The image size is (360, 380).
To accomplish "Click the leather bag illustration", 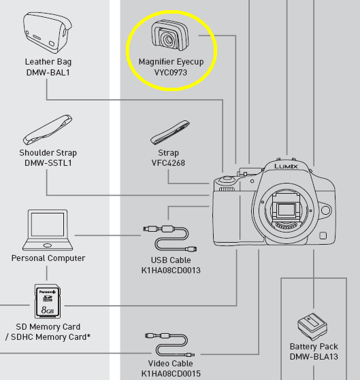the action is (x=48, y=33).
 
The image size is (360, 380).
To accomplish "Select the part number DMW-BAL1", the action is (x=48, y=73).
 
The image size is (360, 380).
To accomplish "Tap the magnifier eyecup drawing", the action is (x=170, y=35).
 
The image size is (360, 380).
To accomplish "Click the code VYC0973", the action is (x=171, y=73).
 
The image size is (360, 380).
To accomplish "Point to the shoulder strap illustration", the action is (x=48, y=130).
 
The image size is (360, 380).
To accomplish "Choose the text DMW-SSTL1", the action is (x=48, y=163).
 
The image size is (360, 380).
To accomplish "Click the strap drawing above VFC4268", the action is (x=170, y=133).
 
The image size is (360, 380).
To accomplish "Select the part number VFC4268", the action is (x=168, y=163).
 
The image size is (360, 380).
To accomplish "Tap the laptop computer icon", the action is (x=48, y=230).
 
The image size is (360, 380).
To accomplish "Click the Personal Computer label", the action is (x=48, y=258).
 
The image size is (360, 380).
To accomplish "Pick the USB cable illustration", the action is (x=170, y=238).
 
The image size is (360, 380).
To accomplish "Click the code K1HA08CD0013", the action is (x=171, y=271).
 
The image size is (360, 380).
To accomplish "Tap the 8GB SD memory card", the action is (x=48, y=301).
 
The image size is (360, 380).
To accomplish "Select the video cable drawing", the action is (x=169, y=345).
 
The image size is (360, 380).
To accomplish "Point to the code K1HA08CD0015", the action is (x=171, y=373).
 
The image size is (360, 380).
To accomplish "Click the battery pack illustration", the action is (x=312, y=326).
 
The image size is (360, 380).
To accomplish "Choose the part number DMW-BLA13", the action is (x=314, y=357).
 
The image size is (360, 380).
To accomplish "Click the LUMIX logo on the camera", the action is (x=286, y=167).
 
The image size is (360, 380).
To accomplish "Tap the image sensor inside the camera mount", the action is (x=287, y=209).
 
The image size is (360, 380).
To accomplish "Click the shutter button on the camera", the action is (x=227, y=179).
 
